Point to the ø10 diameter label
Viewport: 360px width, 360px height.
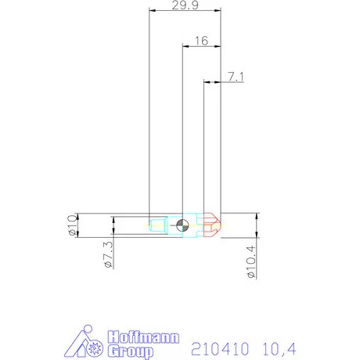71,225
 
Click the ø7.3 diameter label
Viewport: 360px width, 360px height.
107,254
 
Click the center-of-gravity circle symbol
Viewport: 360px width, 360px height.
182,225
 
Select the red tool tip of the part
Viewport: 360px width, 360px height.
212,225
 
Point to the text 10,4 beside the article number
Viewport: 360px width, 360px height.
279,345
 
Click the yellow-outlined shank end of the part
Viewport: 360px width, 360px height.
157,226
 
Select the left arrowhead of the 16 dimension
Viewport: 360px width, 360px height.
185,46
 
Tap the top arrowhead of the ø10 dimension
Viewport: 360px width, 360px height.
79,215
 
